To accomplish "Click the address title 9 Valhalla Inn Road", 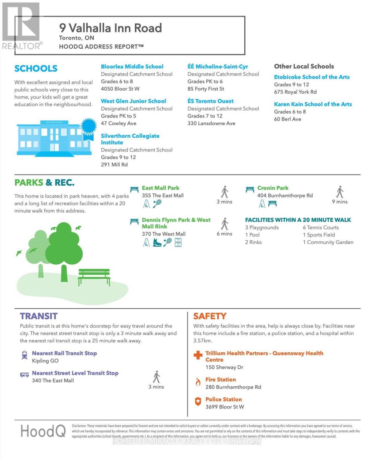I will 110,28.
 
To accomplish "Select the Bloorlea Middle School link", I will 132,67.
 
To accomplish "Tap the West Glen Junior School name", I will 133,101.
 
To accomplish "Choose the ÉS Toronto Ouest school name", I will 210,101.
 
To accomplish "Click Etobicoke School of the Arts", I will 312,77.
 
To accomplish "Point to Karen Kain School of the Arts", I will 313,104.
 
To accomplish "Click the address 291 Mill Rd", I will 114,164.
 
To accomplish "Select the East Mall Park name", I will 160,188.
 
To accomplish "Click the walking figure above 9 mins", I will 340,192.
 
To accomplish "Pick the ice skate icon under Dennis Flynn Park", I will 157,242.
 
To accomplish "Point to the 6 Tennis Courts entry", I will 320,228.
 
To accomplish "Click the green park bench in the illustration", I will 94,277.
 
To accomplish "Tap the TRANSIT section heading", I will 39,316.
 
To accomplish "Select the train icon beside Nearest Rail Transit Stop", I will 24,355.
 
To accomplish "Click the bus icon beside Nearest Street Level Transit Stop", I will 24,374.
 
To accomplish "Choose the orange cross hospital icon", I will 198,355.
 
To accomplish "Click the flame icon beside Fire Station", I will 198,382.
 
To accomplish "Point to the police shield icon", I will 198,402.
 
